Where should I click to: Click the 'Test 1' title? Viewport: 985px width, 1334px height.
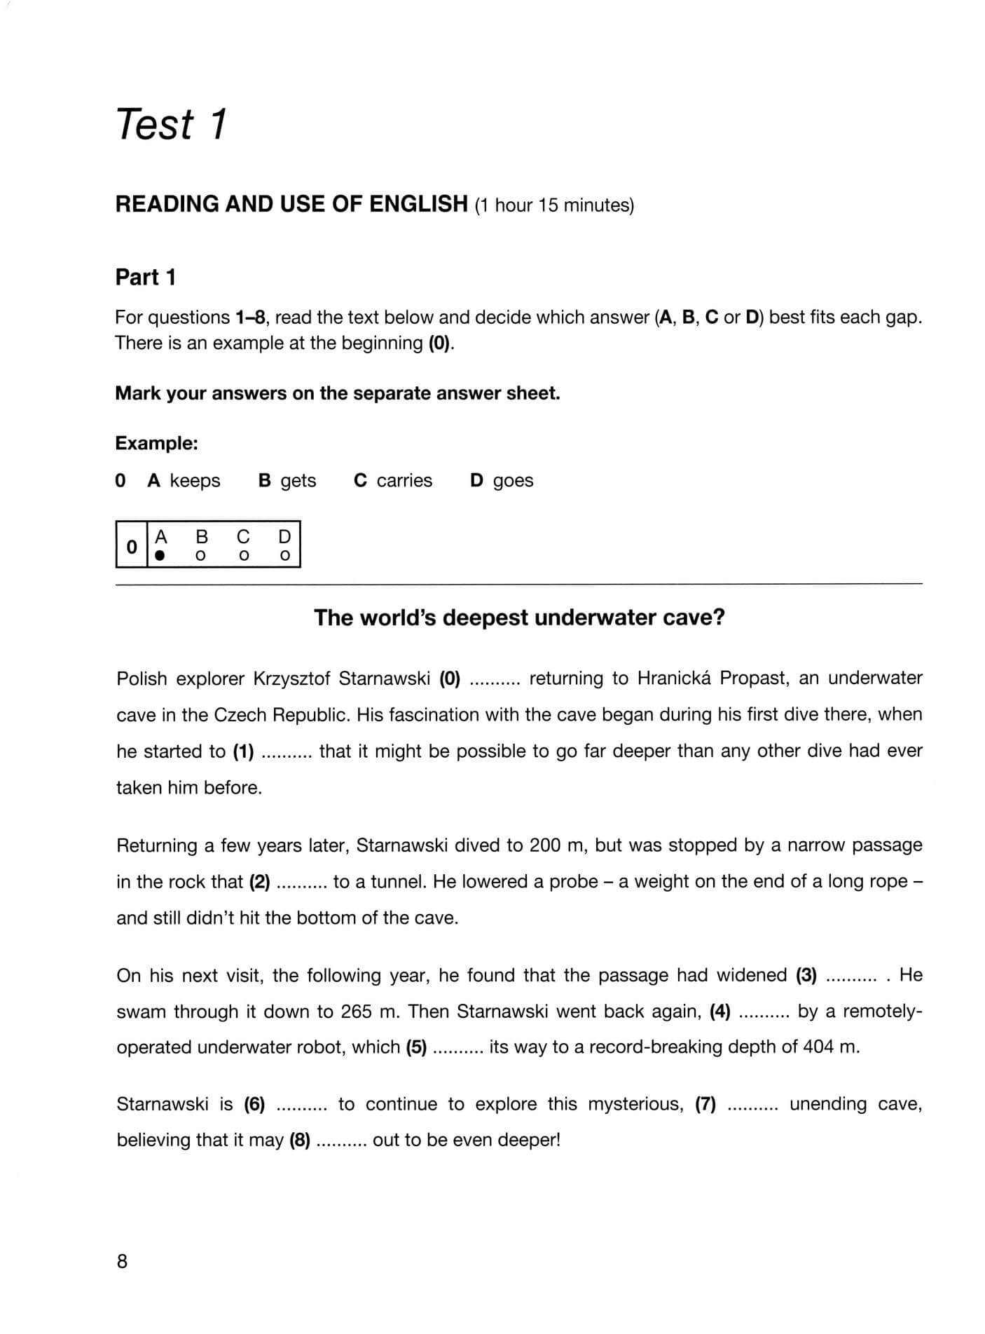172,125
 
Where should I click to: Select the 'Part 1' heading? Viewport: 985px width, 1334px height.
145,278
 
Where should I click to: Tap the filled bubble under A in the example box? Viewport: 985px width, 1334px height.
160,555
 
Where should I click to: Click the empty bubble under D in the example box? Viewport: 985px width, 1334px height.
284,555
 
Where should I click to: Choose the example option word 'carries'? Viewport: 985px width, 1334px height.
404,481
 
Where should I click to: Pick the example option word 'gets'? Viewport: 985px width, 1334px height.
298,481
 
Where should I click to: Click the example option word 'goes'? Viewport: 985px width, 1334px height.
513,481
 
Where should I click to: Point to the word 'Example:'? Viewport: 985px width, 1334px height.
157,443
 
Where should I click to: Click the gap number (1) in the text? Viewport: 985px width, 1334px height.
243,751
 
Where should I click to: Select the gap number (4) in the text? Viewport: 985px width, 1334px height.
720,1012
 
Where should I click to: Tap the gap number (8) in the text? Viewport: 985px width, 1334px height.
300,1140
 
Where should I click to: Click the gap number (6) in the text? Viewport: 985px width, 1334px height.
255,1104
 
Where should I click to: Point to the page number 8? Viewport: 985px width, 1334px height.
123,1262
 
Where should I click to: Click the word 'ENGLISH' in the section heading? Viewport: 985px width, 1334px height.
418,204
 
